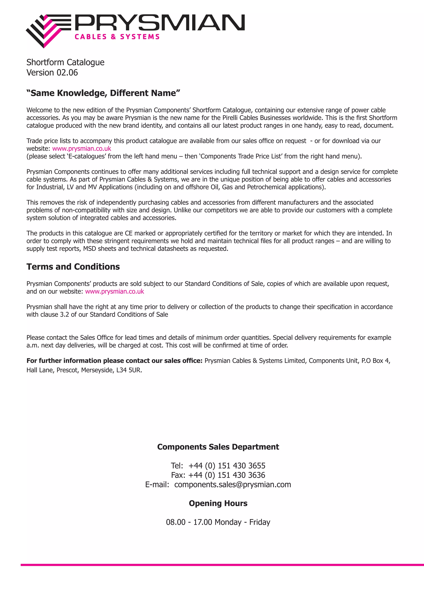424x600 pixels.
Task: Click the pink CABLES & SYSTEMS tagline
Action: click(x=117, y=37)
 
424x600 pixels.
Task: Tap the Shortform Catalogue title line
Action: click(x=65, y=62)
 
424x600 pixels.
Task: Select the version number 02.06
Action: click(x=67, y=73)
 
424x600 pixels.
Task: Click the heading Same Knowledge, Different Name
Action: click(x=103, y=93)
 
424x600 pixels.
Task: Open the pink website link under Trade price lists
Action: click(x=82, y=149)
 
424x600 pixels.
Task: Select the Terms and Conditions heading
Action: click(x=73, y=267)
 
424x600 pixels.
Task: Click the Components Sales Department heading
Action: click(x=218, y=447)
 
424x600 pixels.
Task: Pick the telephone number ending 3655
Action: click(x=227, y=466)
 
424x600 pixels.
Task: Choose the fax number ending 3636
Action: click(x=227, y=475)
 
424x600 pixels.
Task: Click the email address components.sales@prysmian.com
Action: click(x=232, y=484)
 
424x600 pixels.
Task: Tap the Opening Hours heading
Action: click(x=218, y=503)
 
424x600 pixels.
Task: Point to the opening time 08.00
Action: click(x=176, y=522)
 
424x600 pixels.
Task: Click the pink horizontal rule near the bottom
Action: click(x=222, y=565)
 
